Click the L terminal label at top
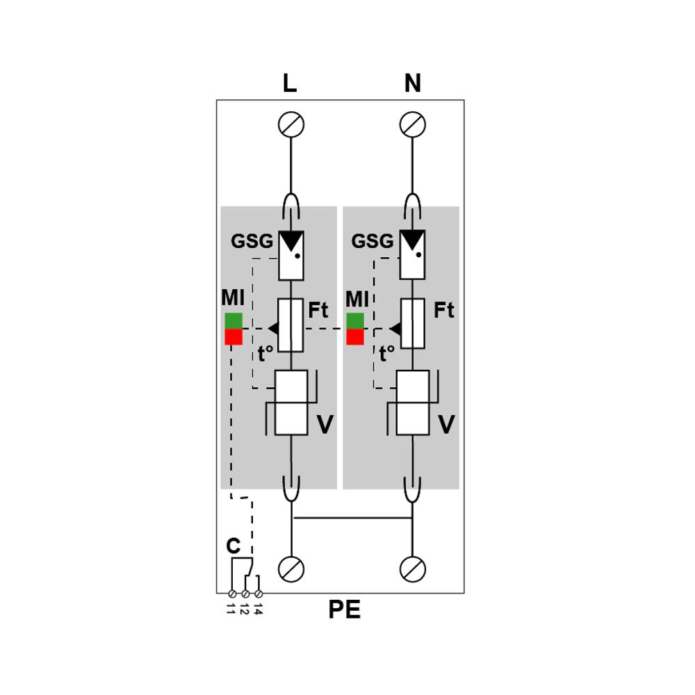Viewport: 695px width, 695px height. click(289, 83)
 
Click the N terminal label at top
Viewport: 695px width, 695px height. click(412, 83)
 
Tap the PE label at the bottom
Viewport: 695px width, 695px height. click(345, 610)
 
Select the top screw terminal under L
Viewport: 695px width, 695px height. click(291, 124)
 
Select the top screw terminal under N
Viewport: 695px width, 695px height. click(413, 124)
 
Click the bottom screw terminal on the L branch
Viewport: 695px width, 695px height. click(291, 569)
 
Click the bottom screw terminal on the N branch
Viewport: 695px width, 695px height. click(413, 569)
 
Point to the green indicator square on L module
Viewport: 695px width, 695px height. click(234, 321)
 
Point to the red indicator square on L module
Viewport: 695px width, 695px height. click(234, 337)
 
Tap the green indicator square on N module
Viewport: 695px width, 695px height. click(355, 321)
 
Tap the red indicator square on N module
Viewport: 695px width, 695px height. click(355, 337)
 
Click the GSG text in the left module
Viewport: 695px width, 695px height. click(252, 241)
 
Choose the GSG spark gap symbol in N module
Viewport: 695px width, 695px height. click(413, 255)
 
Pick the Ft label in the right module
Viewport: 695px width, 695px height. click(443, 310)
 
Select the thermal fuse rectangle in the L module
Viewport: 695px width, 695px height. click(291, 325)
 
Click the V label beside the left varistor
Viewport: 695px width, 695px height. click(325, 425)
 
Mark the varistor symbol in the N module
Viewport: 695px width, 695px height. click(413, 402)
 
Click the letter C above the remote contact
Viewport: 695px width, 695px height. click(233, 546)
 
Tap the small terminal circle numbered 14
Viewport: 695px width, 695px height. click(259, 594)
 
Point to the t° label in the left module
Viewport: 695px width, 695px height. click(265, 354)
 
